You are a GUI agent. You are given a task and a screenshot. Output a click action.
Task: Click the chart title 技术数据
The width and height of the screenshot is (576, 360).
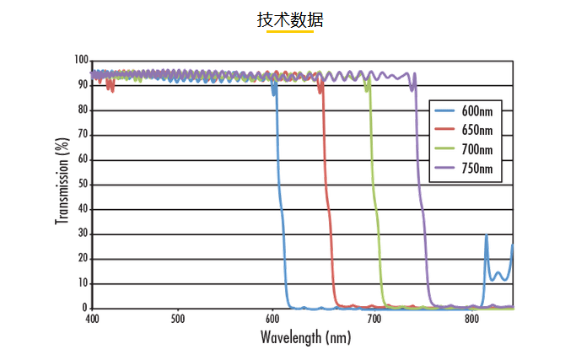click(x=289, y=19)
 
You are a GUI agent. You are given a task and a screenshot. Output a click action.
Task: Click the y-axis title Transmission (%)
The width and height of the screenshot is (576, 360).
click(x=62, y=183)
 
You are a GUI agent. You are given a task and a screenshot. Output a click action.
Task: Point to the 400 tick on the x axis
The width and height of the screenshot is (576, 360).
click(x=92, y=320)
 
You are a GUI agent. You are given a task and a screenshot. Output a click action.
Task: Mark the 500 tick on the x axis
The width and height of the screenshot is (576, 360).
click(x=177, y=320)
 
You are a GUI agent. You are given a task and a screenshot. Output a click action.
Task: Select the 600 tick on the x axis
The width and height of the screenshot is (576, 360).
click(x=272, y=320)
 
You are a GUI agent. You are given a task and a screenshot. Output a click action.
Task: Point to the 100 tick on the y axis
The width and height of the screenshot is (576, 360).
click(x=81, y=61)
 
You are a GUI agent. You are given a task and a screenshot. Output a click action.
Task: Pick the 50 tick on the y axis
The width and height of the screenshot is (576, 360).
click(x=83, y=185)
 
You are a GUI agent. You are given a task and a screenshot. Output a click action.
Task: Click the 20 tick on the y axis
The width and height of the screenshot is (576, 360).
click(x=83, y=259)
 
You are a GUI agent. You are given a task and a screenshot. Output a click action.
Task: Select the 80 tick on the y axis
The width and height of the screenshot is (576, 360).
click(x=83, y=110)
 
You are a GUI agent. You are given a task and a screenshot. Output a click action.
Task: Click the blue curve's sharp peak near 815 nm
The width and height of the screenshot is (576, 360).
click(x=486, y=237)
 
